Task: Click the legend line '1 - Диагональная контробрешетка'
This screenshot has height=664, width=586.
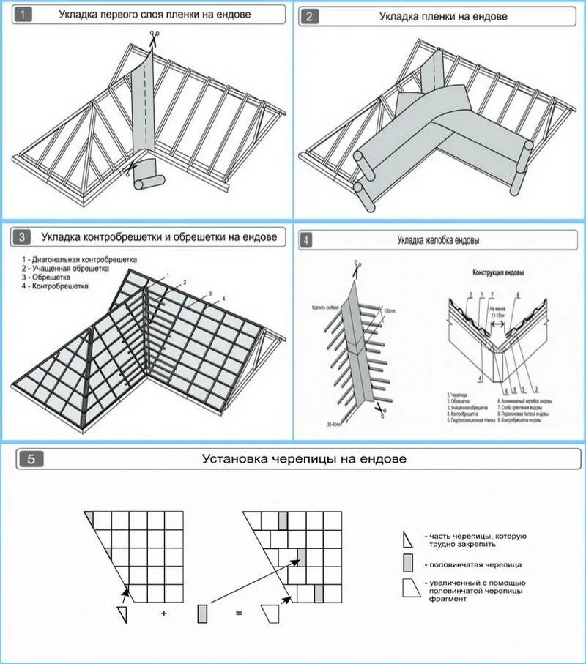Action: click(x=79, y=260)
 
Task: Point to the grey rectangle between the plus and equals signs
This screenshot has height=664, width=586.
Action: click(x=201, y=612)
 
